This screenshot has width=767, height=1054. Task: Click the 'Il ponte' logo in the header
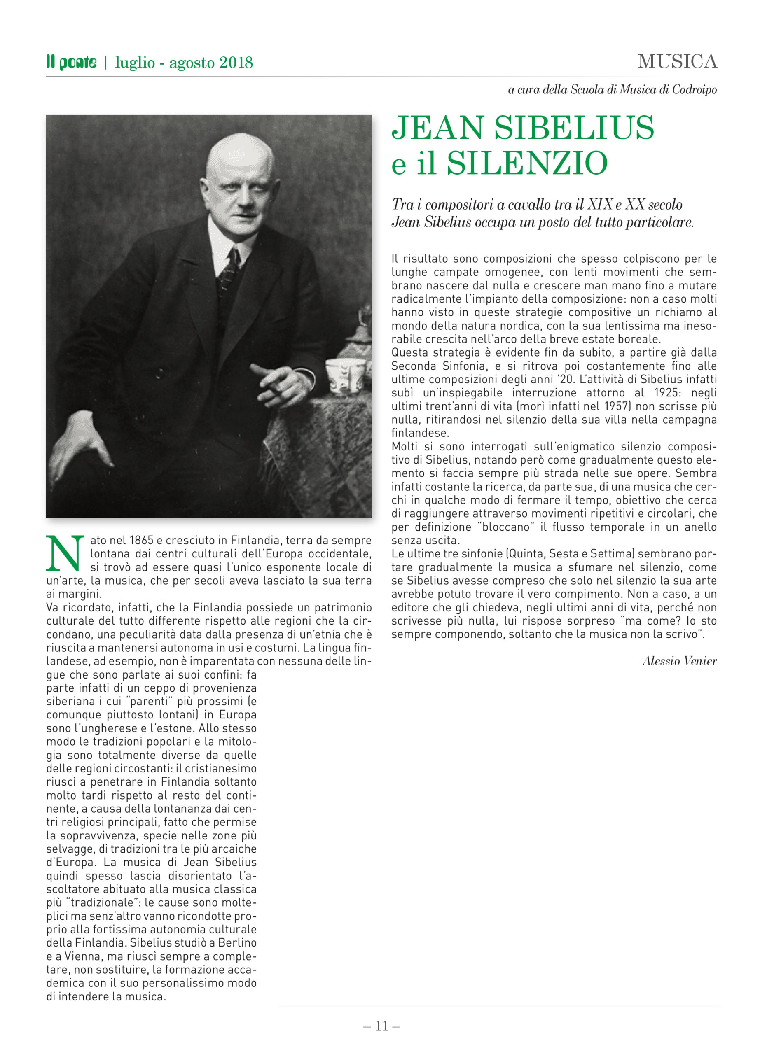(x=71, y=62)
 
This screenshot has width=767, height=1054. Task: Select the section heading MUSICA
(x=677, y=61)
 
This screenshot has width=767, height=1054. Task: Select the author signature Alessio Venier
(x=679, y=661)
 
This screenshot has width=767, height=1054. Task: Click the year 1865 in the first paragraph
(x=141, y=540)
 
